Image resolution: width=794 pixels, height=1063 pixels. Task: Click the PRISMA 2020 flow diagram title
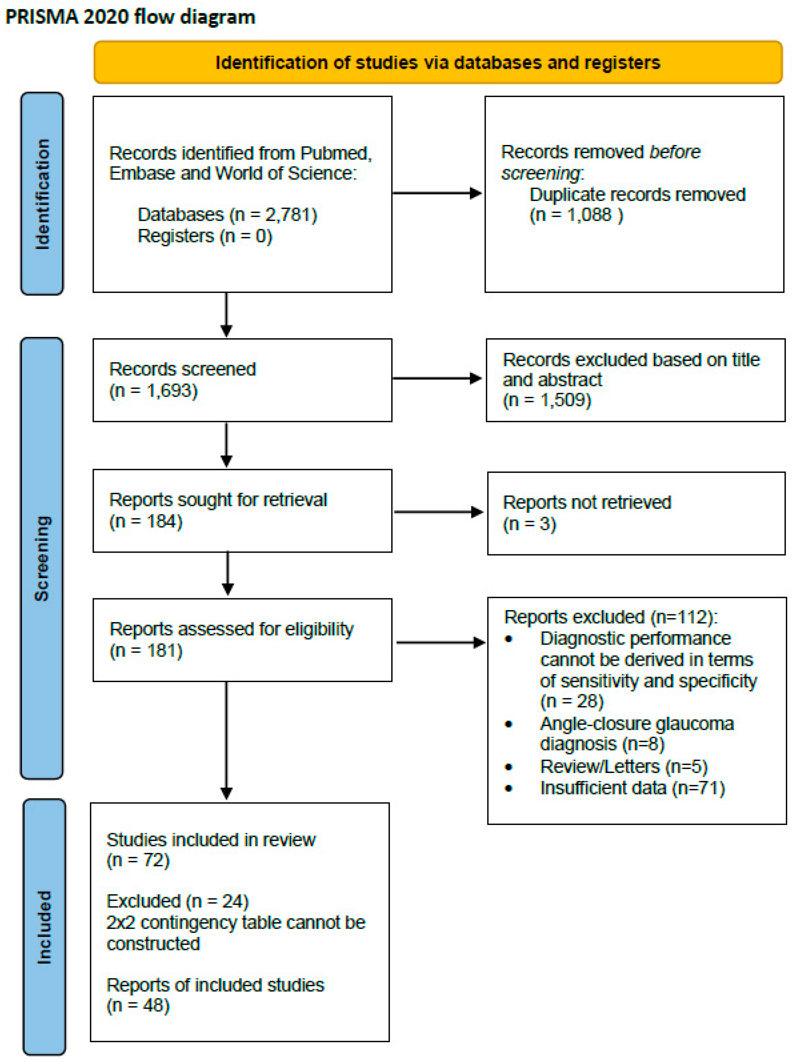click(130, 17)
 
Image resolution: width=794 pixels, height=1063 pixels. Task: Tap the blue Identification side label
click(42, 194)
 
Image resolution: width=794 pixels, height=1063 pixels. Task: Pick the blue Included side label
click(44, 927)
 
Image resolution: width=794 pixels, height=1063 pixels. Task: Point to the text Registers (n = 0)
click(205, 236)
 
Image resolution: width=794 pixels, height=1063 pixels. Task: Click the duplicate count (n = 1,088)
click(576, 215)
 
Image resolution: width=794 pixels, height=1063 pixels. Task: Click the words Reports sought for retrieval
click(218, 500)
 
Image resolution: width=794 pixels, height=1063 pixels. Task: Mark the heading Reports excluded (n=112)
click(610, 617)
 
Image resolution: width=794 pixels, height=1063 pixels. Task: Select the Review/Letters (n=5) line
click(623, 767)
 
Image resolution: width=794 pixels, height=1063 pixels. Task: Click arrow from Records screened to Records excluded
click(437, 379)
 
